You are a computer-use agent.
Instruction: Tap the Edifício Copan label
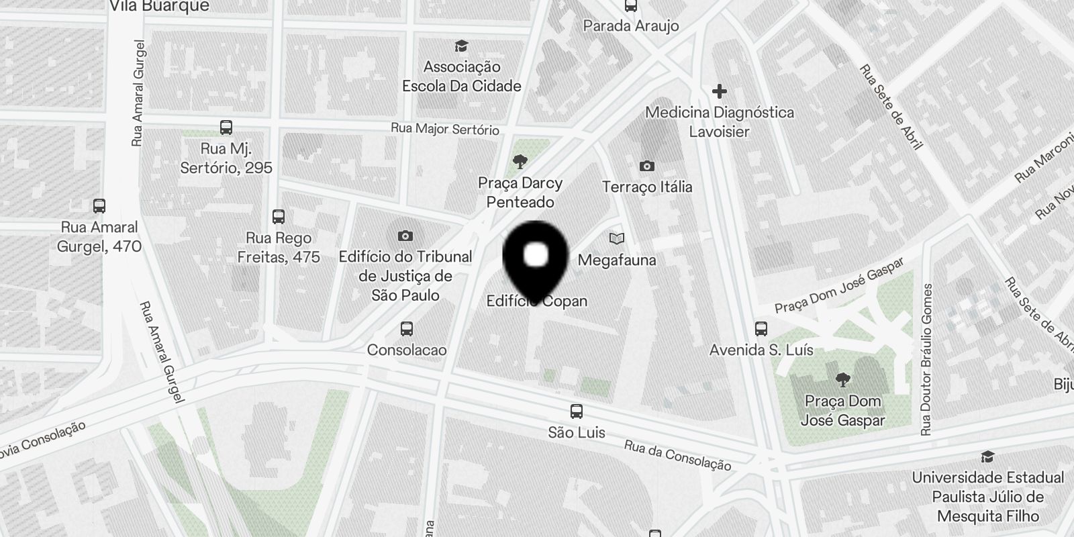[537, 301]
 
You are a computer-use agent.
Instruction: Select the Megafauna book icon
[617, 238]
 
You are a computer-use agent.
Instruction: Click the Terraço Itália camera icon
[646, 166]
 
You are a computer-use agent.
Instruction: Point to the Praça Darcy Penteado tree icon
[520, 161]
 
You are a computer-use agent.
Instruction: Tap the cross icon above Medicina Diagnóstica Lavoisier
[720, 91]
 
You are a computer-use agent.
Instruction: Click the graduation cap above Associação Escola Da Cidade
[461, 46]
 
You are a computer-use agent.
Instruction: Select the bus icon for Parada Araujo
[630, 6]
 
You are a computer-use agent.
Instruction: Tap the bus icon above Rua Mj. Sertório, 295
[226, 128]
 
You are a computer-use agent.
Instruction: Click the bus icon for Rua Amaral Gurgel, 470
[99, 206]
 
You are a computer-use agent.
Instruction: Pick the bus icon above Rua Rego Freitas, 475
[279, 217]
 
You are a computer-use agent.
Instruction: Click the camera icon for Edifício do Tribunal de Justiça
[405, 236]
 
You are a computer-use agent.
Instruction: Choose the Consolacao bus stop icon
[406, 329]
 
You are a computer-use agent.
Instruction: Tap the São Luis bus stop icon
[576, 411]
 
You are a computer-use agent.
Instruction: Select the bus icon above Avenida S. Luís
[761, 329]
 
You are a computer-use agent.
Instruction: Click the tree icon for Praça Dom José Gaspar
[843, 380]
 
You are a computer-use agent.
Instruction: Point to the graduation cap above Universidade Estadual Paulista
[987, 456]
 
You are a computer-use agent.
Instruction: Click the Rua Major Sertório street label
[445, 128]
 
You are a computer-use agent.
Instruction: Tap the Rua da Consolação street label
[677, 455]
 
